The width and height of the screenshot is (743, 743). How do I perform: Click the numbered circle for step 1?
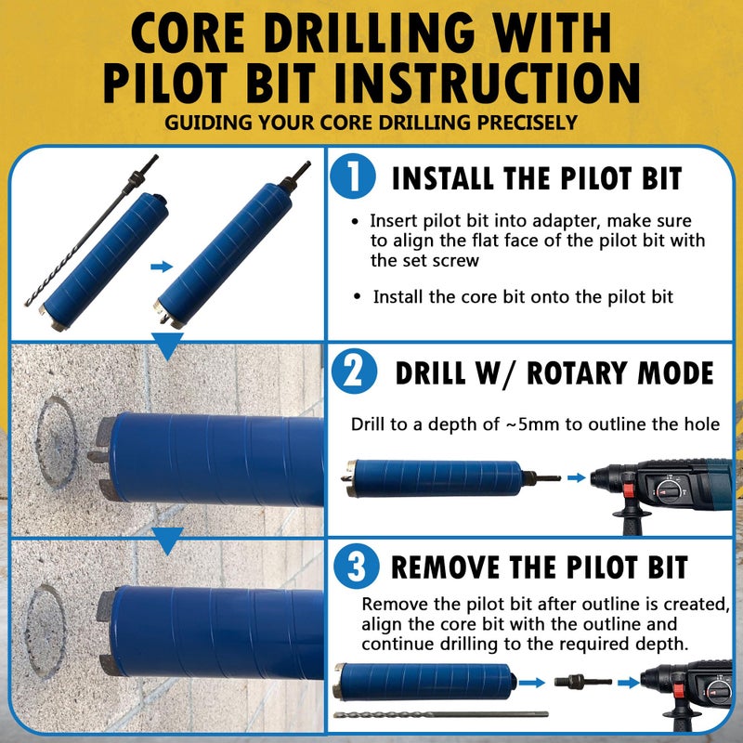point(353,176)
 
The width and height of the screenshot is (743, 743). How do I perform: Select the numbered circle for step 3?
point(353,566)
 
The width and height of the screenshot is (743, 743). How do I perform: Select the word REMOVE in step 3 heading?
point(463,567)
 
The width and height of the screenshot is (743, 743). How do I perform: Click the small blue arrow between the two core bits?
point(162,267)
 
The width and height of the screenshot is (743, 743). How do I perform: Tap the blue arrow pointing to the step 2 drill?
point(578,477)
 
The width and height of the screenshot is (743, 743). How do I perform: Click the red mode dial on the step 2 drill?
point(667,489)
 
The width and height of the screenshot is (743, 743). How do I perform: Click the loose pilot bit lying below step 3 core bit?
point(432,716)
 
